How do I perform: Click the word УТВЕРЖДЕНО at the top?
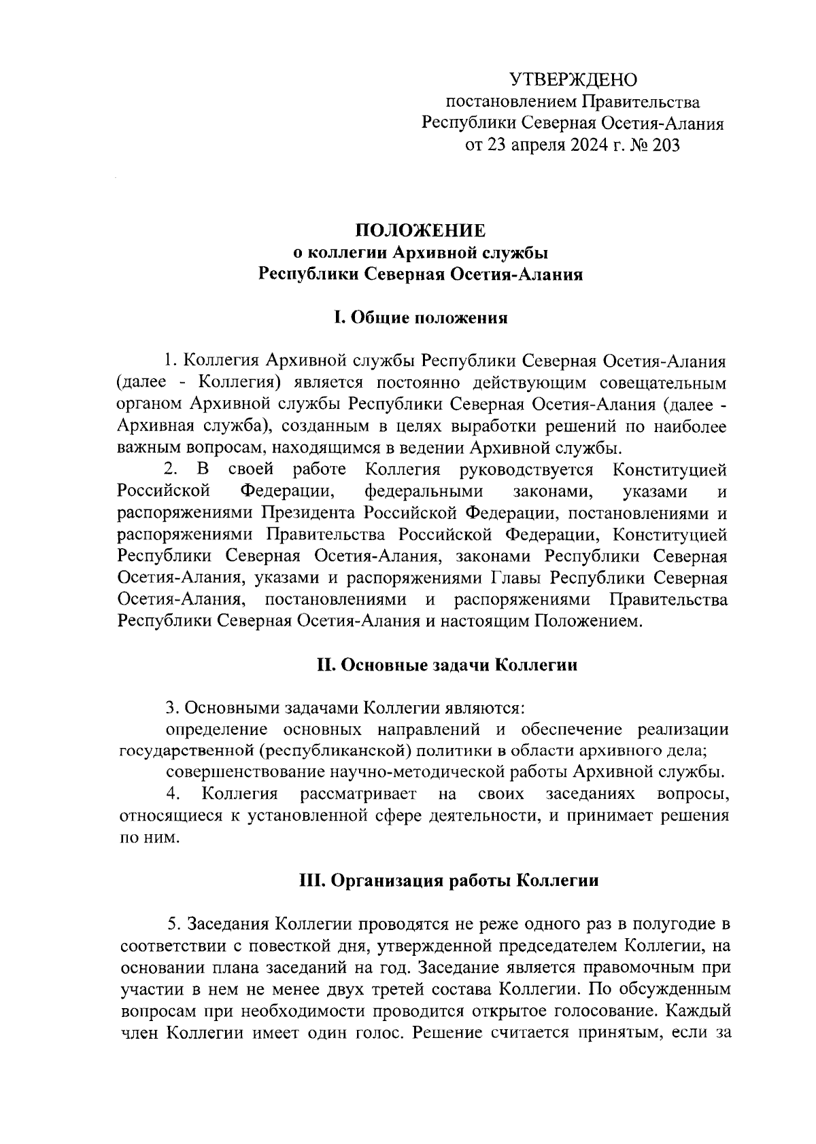(574, 80)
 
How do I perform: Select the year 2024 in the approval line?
(585, 145)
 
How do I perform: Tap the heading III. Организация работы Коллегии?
(449, 881)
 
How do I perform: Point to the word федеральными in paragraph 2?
(424, 492)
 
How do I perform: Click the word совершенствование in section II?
(245, 773)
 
